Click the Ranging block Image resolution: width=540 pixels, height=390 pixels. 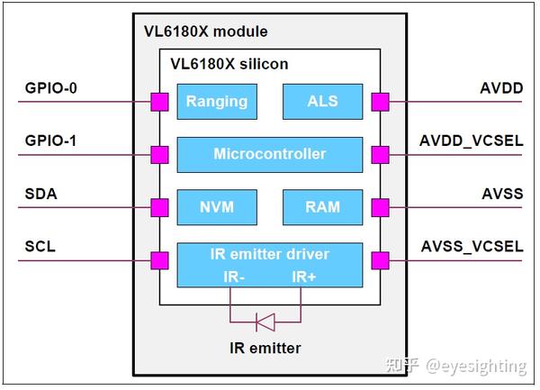[x=217, y=102]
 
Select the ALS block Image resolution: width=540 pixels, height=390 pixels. [x=323, y=102]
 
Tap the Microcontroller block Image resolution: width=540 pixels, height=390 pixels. [x=270, y=155]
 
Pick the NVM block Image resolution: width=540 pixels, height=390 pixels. [x=217, y=207]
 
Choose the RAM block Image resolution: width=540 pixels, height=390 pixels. [x=323, y=207]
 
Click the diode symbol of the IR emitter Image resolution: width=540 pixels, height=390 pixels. [x=265, y=322]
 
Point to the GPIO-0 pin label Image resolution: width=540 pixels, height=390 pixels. [x=51, y=88]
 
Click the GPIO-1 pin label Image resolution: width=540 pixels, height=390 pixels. [x=50, y=141]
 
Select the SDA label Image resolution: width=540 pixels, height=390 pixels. [x=41, y=194]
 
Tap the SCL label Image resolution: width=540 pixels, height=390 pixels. [x=40, y=247]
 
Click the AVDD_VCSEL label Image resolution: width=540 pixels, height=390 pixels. [x=471, y=141]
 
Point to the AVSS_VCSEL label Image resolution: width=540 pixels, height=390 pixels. [x=472, y=247]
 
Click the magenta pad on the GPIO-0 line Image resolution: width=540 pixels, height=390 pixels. [x=160, y=102]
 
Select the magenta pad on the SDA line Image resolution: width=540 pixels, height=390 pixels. [x=160, y=208]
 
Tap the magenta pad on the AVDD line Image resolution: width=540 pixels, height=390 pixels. [x=381, y=102]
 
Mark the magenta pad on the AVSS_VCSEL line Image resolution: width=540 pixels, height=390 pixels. [x=381, y=260]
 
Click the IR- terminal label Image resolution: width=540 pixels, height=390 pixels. [x=234, y=277]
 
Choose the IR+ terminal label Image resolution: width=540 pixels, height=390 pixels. [x=304, y=277]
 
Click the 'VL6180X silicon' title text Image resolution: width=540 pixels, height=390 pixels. [x=229, y=64]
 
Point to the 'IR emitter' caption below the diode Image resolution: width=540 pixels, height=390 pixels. [x=265, y=348]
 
